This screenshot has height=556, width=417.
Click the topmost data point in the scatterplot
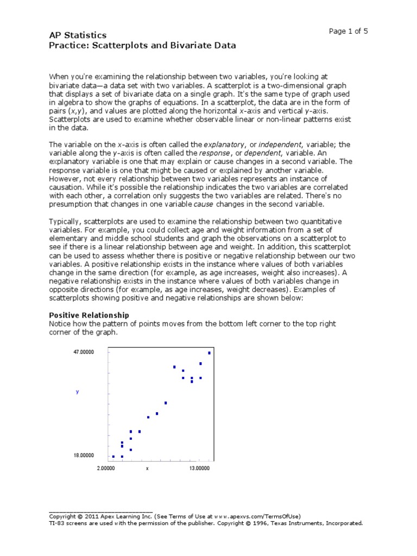210,353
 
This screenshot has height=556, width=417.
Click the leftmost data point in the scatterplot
113,457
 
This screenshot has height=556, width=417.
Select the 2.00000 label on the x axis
106,468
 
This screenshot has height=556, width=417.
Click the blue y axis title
78,391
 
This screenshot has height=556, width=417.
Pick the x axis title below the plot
147,468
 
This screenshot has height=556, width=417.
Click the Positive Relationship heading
89,315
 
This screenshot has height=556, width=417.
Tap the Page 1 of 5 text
349,31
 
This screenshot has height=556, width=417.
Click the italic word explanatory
224,144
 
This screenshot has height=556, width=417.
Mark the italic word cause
204,204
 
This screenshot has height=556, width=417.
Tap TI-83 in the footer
58,523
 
